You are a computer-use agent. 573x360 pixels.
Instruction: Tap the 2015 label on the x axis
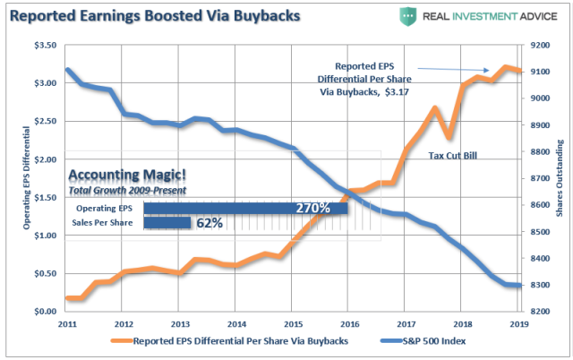292,323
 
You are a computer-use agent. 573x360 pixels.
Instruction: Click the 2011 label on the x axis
67,323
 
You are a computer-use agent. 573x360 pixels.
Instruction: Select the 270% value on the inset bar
312,208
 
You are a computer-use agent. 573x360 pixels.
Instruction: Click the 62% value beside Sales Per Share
208,222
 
